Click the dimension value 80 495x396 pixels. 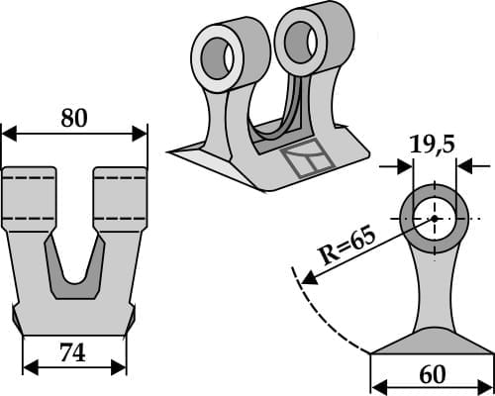(x=73, y=118)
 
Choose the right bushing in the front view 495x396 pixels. (x=119, y=198)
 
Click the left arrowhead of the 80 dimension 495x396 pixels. (x=8, y=133)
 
